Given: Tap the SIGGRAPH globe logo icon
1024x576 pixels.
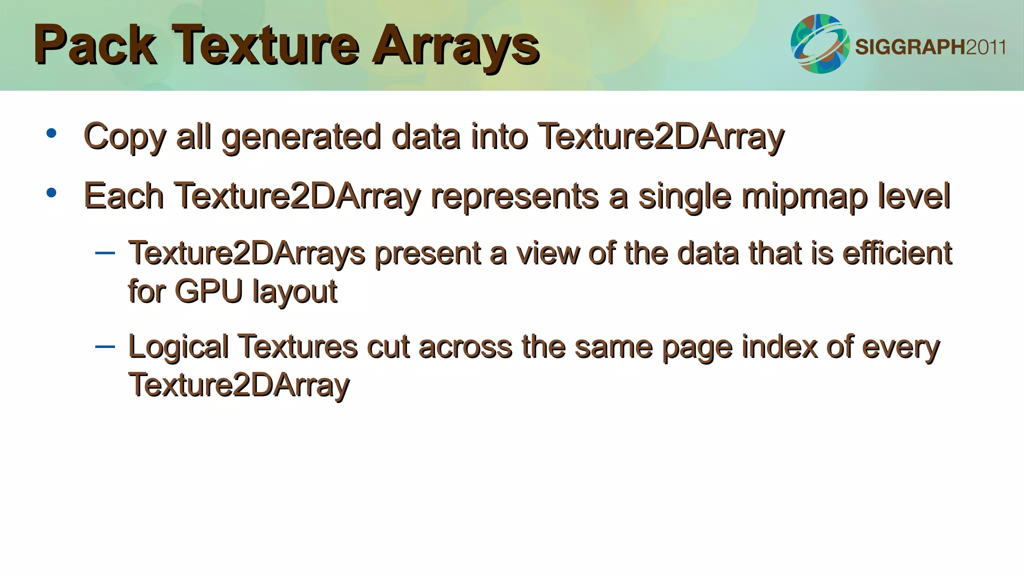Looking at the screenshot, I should [x=820, y=44].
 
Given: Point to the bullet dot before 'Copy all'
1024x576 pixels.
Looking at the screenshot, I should [x=51, y=133].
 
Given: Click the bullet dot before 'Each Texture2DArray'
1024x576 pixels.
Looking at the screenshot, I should [x=51, y=193].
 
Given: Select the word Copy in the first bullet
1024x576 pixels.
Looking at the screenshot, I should [x=124, y=136].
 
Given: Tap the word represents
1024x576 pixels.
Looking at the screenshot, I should [x=514, y=196].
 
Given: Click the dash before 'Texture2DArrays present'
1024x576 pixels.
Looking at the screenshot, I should [x=105, y=253].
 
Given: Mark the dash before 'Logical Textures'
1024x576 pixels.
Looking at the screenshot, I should [x=105, y=346].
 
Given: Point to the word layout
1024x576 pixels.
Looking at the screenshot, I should [x=295, y=292].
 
